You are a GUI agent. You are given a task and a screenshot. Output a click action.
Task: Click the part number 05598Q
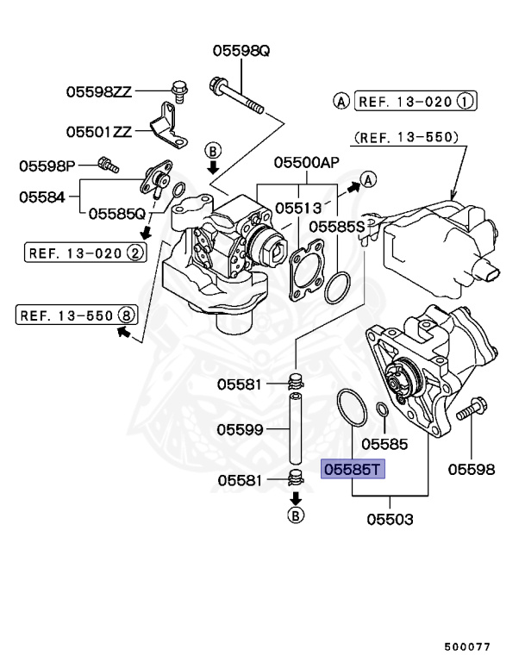241,52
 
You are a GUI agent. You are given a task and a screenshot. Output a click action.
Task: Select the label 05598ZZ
99,91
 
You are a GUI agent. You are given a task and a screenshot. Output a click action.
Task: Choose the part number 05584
42,197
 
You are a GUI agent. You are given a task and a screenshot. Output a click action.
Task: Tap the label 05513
298,208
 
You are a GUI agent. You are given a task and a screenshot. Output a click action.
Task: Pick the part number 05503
390,520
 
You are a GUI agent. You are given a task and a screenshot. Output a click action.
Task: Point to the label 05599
240,428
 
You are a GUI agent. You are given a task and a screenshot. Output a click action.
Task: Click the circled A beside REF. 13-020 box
341,102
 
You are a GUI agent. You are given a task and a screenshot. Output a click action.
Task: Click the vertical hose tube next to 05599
296,426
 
